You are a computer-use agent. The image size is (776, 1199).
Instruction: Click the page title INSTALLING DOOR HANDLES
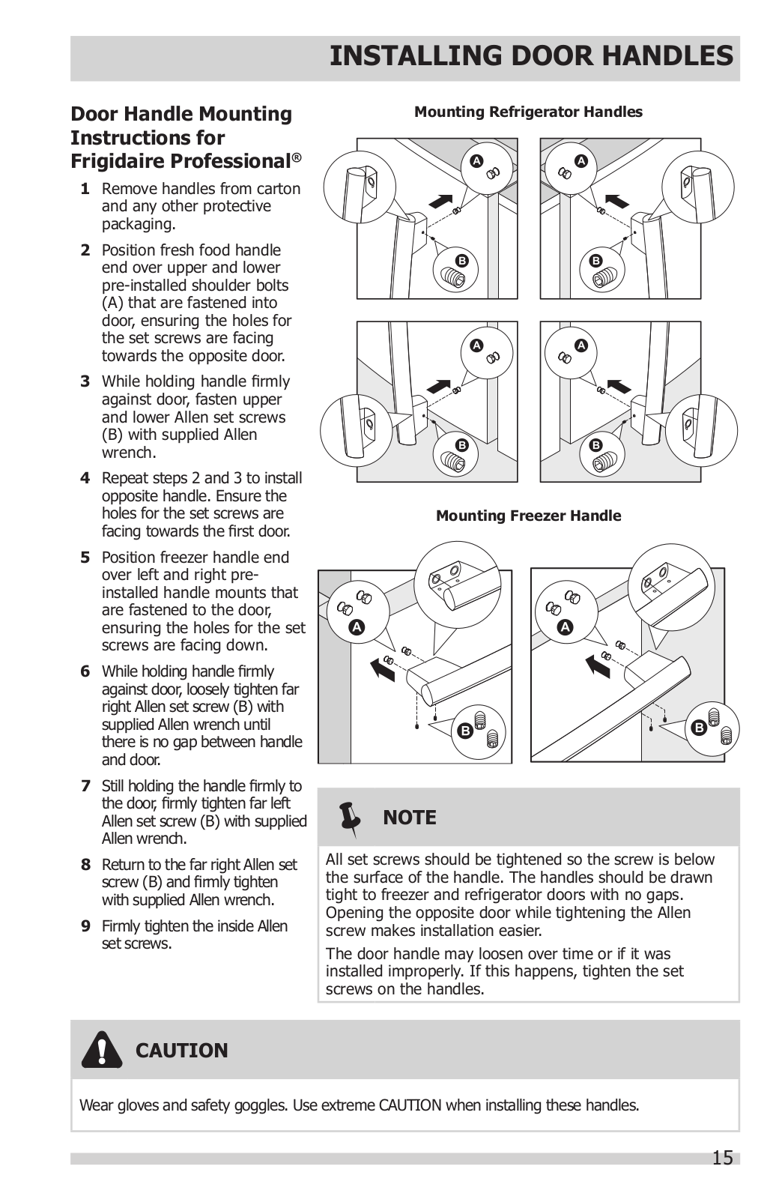(x=531, y=56)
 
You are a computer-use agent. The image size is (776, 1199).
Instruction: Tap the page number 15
(x=722, y=1158)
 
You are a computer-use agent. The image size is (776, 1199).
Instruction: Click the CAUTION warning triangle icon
(x=102, y=1050)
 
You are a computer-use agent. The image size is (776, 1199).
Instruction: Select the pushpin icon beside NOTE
(x=349, y=818)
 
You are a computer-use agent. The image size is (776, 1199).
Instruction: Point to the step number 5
(x=85, y=558)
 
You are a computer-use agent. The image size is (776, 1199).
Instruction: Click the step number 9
(x=85, y=926)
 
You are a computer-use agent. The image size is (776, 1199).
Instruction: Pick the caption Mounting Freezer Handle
(x=528, y=516)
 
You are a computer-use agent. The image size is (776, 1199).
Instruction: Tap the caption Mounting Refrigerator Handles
(x=528, y=112)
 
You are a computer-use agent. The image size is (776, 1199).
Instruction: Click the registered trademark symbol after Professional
(x=297, y=157)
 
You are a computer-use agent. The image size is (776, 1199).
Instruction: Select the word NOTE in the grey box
(x=409, y=818)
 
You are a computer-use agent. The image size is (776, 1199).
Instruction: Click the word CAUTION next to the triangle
(x=181, y=1051)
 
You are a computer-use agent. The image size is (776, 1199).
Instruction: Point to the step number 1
(x=85, y=189)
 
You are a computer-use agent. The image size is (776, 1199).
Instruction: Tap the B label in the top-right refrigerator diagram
(x=596, y=261)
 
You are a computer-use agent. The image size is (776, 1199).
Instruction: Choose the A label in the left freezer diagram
(x=357, y=627)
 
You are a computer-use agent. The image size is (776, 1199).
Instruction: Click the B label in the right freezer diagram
(x=700, y=728)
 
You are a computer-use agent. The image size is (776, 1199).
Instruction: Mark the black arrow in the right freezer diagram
(x=597, y=664)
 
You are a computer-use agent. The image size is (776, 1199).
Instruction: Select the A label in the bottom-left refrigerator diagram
(x=476, y=345)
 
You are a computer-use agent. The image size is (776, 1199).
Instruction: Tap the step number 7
(x=85, y=786)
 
